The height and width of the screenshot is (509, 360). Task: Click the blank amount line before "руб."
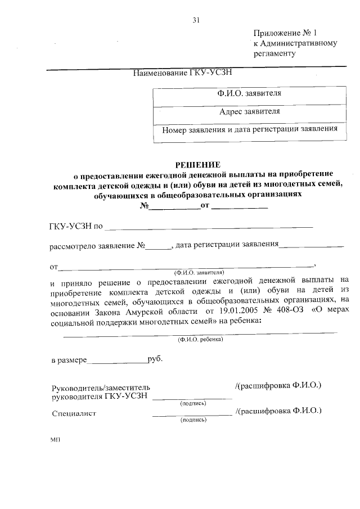[116, 360]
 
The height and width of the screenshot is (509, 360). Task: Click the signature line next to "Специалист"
[192, 414]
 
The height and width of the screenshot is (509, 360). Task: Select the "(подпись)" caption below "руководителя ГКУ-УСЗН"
[192, 403]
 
